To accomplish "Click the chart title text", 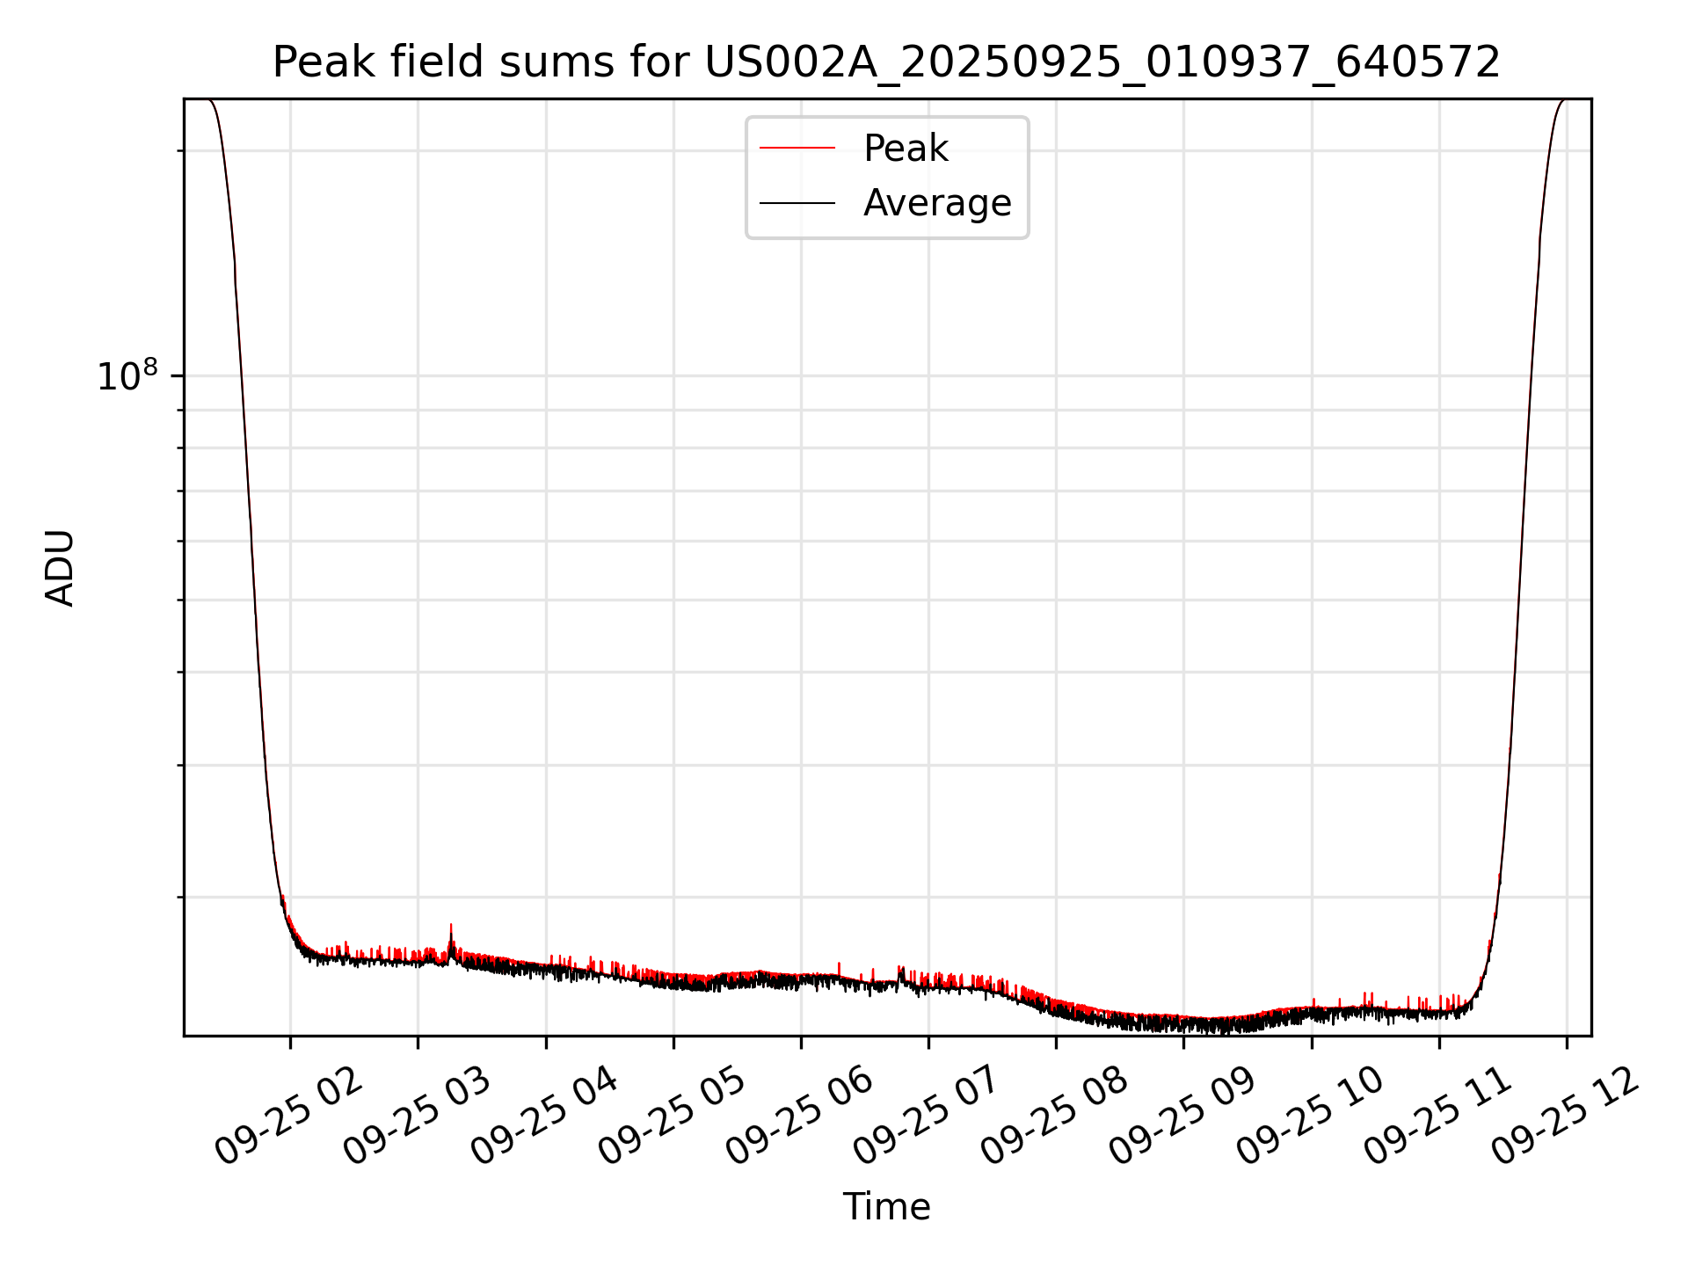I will pos(886,63).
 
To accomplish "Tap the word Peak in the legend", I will pos(906,149).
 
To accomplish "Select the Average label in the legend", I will pos(937,203).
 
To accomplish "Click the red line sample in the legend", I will pos(797,149).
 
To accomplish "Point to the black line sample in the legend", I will pos(797,203).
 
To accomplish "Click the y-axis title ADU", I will pos(60,567).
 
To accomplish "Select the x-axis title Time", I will pos(886,1207).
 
